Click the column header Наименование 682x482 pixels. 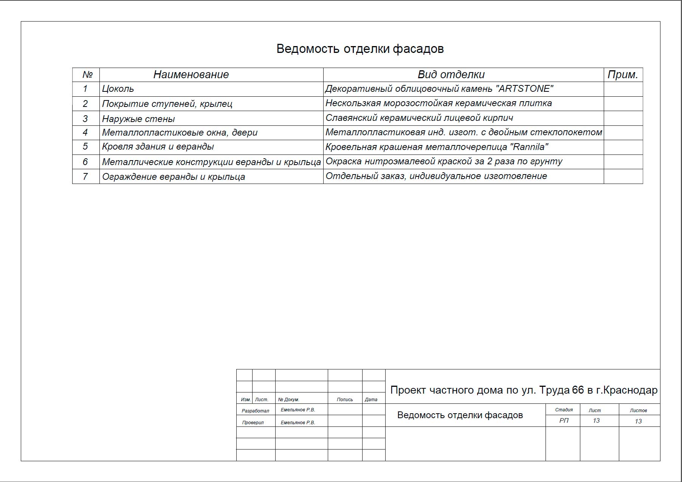[x=191, y=75]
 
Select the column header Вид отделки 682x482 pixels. [x=451, y=75]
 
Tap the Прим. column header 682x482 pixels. [x=623, y=75]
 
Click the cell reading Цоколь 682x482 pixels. [x=118, y=89]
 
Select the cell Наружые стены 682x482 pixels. [x=138, y=119]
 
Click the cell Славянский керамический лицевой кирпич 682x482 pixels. [x=419, y=118]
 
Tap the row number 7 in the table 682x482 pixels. [x=85, y=176]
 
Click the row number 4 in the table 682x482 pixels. [x=85, y=133]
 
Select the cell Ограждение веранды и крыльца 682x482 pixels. [x=174, y=177]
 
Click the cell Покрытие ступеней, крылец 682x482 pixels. [x=167, y=104]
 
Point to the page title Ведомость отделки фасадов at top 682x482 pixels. [x=360, y=49]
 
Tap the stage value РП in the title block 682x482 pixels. [x=564, y=421]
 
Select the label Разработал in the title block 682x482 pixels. [x=256, y=411]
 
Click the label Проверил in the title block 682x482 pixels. [x=253, y=422]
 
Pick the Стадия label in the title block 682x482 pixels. [x=564, y=410]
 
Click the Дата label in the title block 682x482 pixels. [x=371, y=399]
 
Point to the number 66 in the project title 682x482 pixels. [x=578, y=390]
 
